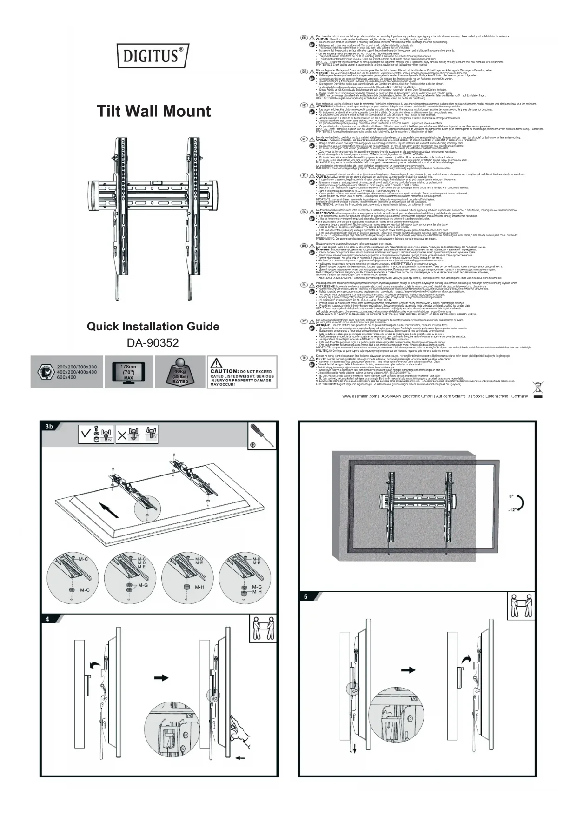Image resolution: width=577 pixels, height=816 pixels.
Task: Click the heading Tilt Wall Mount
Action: [x=153, y=111]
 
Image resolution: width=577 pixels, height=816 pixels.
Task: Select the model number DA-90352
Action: [x=153, y=343]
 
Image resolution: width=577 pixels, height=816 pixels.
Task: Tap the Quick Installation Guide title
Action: [x=153, y=326]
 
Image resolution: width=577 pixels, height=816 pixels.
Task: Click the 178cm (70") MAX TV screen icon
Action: [x=128, y=372]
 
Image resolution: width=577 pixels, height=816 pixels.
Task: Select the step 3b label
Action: [x=49, y=427]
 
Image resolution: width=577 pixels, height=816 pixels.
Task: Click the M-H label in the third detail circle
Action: [x=199, y=587]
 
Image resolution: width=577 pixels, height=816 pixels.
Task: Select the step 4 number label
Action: [x=47, y=619]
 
